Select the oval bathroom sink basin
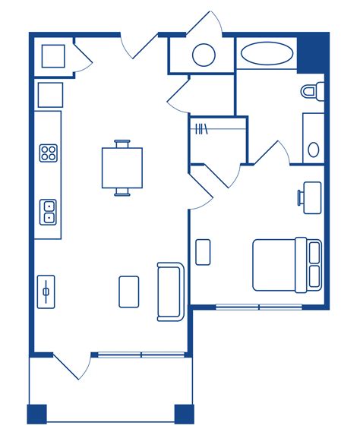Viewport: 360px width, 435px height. click(x=313, y=149)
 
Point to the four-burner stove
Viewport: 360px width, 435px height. click(x=49, y=153)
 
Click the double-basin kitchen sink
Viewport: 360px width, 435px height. click(x=49, y=211)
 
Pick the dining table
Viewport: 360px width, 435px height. click(x=122, y=168)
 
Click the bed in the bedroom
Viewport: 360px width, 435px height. click(x=286, y=264)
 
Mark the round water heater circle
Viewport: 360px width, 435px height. click(x=204, y=55)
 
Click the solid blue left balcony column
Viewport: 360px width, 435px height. click(x=37, y=414)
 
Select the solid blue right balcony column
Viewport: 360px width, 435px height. click(x=183, y=414)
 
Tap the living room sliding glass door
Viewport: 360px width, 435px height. click(x=141, y=354)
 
